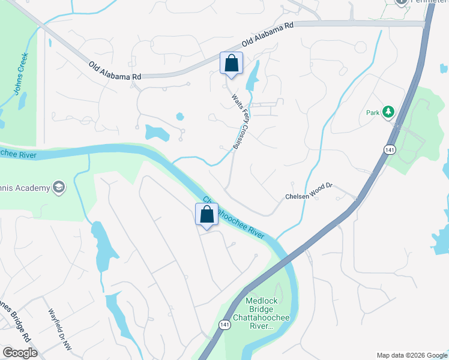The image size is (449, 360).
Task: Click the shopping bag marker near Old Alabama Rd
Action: tap(232, 64)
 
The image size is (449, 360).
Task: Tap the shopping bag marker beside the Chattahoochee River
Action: tap(206, 214)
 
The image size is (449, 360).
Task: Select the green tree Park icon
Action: tap(389, 112)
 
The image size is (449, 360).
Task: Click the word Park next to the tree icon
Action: tap(373, 112)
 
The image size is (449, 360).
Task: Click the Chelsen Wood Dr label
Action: tap(308, 197)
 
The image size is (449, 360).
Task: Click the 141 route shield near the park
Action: tap(391, 149)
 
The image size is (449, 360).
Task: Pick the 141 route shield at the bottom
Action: tap(224, 325)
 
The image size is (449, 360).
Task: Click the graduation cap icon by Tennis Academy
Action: tap(59, 188)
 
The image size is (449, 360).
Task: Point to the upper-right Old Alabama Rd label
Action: tap(267, 35)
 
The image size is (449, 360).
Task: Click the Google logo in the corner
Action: tap(20, 353)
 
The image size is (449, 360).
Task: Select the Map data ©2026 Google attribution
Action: tap(412, 355)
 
